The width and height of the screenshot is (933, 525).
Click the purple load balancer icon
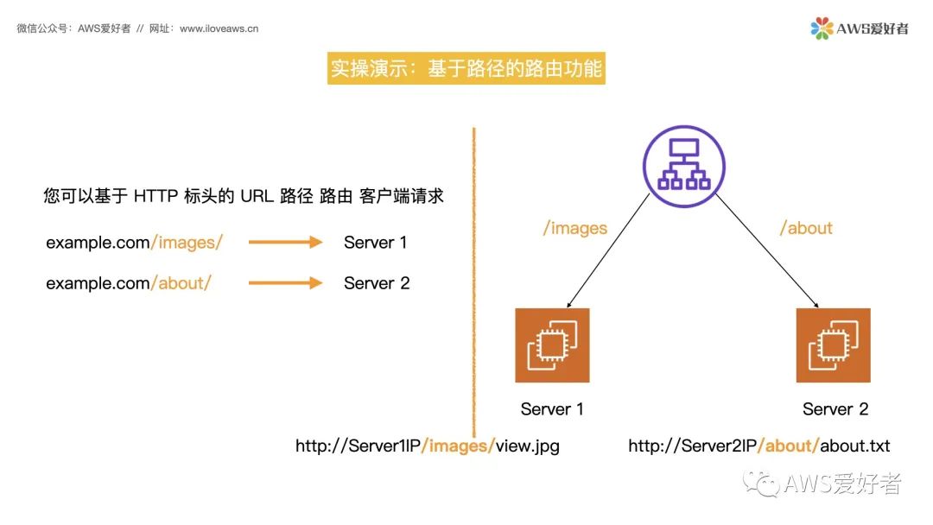coord(683,166)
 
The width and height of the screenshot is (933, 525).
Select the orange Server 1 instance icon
coord(552,345)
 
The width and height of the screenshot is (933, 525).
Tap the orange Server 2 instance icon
coord(833,345)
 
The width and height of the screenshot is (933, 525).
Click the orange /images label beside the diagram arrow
coord(574,228)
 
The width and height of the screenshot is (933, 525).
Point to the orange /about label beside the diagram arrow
coord(806,228)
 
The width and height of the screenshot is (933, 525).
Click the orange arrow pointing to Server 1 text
coord(286,242)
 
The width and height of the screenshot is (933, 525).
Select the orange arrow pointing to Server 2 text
coord(286,283)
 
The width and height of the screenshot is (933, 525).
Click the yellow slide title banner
coord(466,68)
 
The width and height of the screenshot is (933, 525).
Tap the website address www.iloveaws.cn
coord(219,28)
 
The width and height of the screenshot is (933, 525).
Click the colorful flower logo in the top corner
coord(822,28)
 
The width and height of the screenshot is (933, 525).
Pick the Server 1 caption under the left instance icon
coord(551,409)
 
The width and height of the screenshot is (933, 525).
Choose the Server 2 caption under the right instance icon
coord(835,409)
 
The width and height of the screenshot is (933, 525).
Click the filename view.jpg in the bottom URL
coord(527,446)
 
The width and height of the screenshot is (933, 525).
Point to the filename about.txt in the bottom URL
coord(854,446)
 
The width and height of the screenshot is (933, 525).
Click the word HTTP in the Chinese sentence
coord(155,196)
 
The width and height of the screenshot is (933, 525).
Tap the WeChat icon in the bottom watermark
coord(760,484)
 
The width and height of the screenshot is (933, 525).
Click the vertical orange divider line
coord(474,283)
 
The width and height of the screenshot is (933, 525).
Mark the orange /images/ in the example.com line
coord(187,243)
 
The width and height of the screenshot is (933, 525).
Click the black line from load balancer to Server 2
coord(767,250)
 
